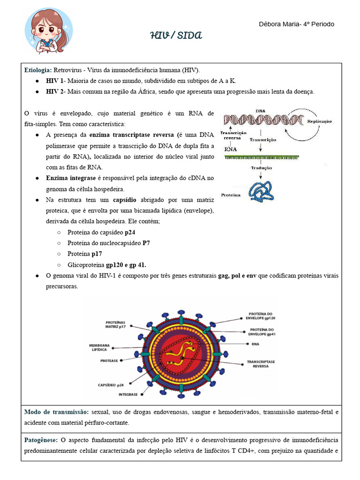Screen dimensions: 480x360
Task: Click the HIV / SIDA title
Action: [176, 36]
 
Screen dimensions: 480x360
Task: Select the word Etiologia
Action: [38, 70]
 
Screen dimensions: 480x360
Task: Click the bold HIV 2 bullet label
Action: [55, 92]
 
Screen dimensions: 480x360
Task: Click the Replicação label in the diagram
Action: [319, 121]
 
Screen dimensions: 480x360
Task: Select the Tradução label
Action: [261, 167]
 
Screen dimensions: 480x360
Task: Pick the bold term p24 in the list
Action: [130, 232]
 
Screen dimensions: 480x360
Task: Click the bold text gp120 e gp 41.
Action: [126, 265]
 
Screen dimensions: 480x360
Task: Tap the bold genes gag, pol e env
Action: [237, 276]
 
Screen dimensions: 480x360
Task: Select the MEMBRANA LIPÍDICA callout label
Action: [99, 347]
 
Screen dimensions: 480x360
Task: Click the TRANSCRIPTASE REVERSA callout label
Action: [261, 365]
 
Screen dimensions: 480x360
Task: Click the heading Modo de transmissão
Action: [56, 412]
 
